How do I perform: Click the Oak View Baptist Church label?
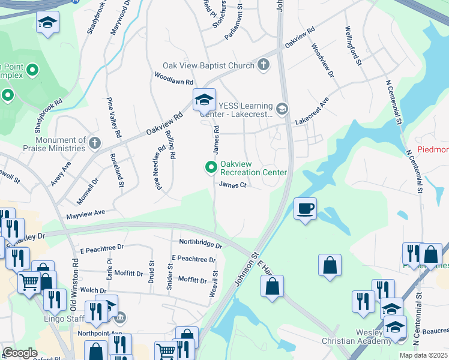208,65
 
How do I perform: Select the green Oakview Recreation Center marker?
211,167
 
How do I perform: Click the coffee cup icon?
306,208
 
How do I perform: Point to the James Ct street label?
233,185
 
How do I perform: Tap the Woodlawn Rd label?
173,79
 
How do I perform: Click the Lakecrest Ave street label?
312,112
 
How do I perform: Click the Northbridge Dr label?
200,243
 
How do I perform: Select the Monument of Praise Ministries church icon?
95,143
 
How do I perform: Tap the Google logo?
19,353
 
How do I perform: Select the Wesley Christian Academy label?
353,337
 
